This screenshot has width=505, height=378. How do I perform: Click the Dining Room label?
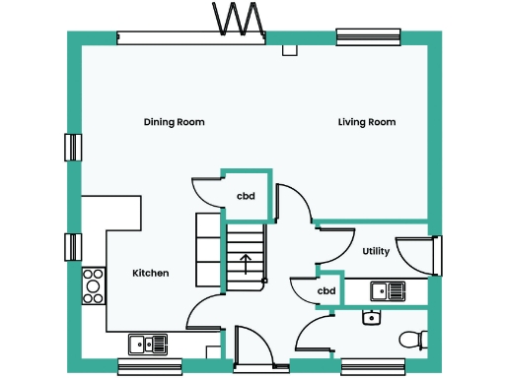tap(174, 123)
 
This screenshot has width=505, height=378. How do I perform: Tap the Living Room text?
tap(367, 123)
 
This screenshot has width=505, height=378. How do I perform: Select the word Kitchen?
tap(151, 273)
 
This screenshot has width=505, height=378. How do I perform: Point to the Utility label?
tap(376, 251)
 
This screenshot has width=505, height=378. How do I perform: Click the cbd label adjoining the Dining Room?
tap(246, 196)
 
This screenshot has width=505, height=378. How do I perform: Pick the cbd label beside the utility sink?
tap(326, 291)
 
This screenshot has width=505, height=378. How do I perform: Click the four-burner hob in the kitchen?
tap(94, 285)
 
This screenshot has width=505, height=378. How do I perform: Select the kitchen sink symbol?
tap(148, 343)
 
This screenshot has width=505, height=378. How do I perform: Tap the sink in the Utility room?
tap(388, 290)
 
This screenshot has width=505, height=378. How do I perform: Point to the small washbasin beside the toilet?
tap(371, 317)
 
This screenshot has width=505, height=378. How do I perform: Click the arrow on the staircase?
tap(245, 263)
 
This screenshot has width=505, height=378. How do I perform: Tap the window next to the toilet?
tap(369, 366)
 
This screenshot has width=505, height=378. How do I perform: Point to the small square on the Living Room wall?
tap(289, 49)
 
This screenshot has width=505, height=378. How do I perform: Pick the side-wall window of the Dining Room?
tap(71, 147)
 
